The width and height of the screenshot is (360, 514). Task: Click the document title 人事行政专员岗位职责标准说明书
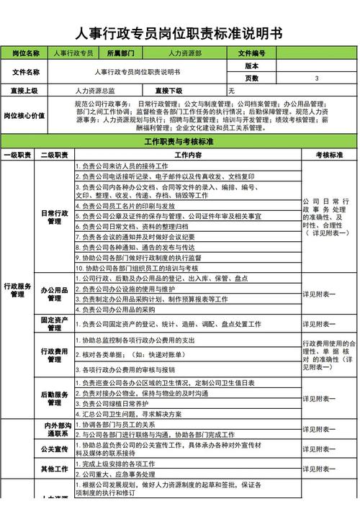[179, 34]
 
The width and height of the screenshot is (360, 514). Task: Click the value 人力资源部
[184, 53]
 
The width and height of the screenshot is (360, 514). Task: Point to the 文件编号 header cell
[251, 53]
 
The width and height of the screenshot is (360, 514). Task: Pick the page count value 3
[317, 78]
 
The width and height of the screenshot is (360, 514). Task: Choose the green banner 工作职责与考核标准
[179, 141]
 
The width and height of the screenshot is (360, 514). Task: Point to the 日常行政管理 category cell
[55, 217]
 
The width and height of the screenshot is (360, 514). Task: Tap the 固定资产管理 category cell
[55, 324]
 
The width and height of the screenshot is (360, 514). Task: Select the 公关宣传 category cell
[55, 449]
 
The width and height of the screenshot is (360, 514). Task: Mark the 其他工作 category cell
[55, 469]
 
